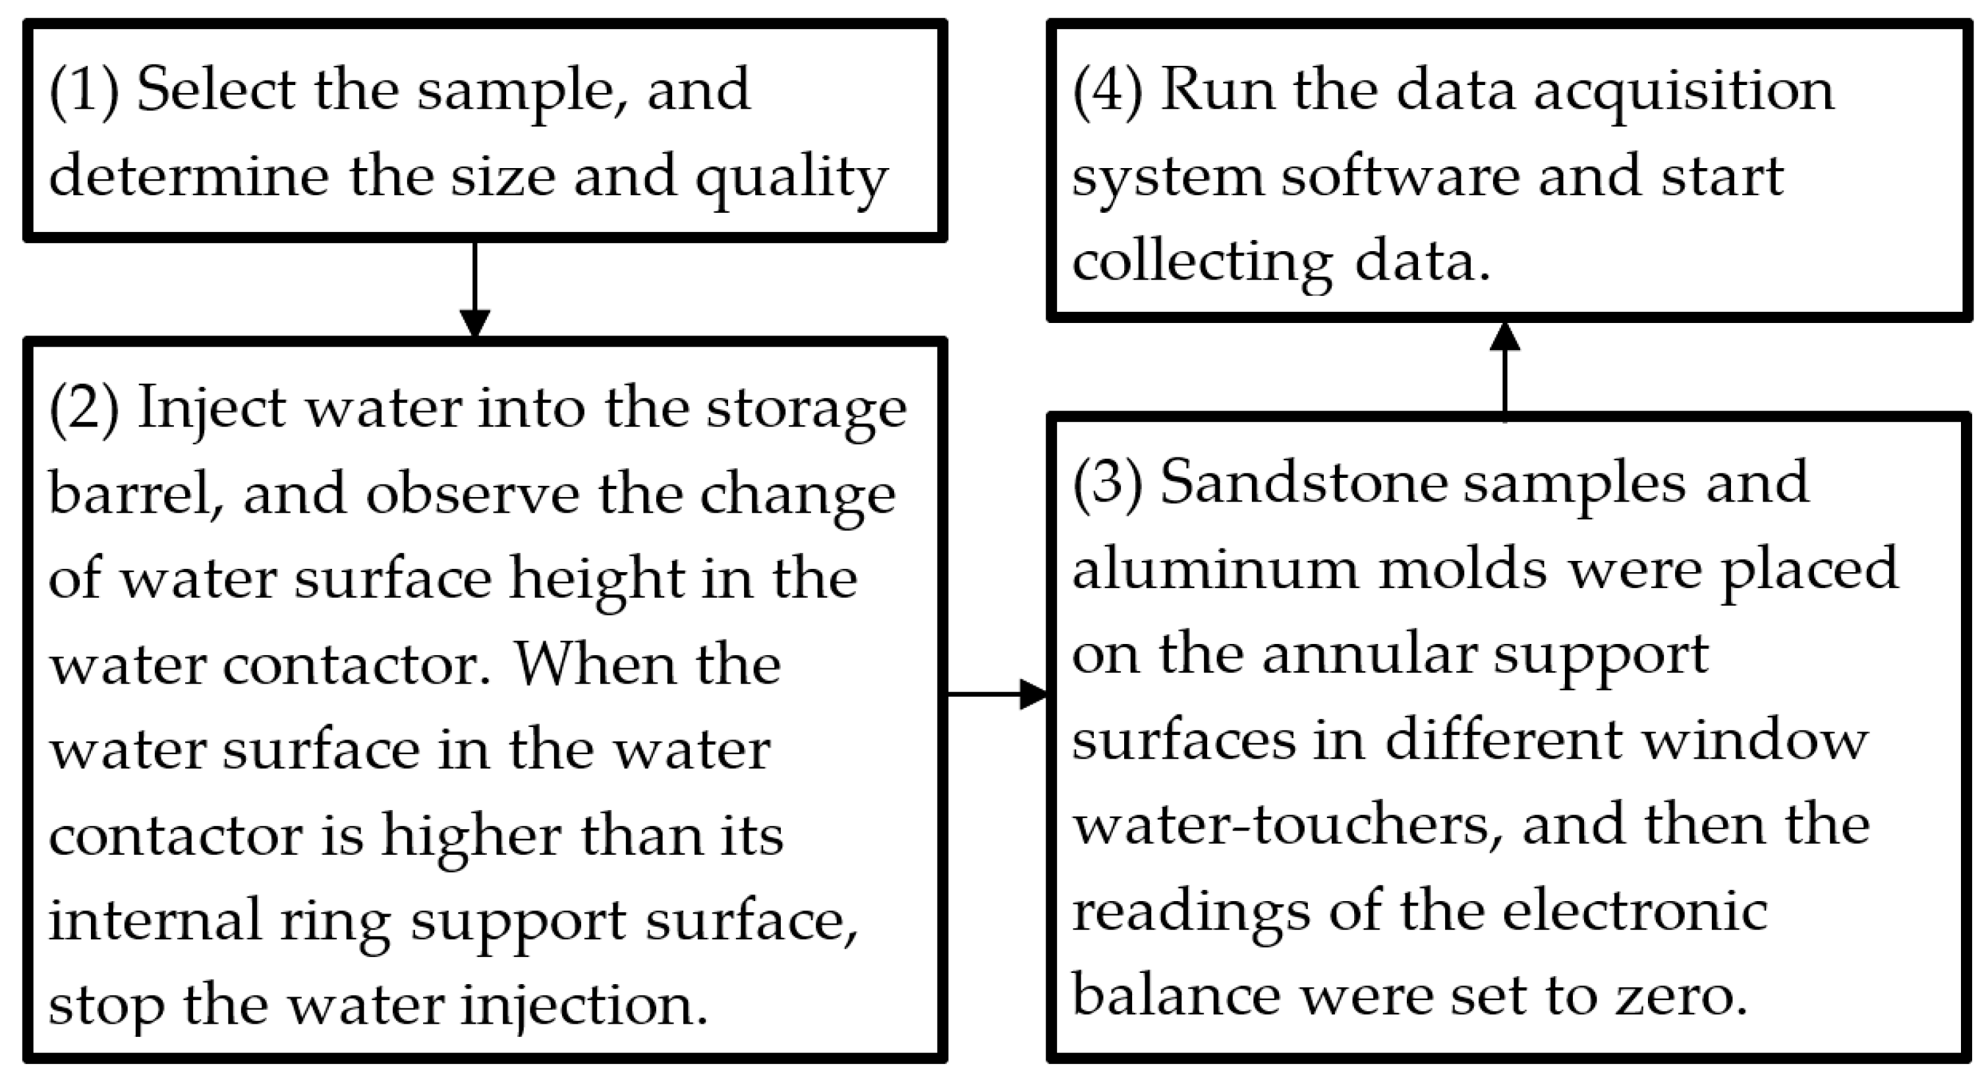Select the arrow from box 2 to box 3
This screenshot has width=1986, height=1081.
coord(996,694)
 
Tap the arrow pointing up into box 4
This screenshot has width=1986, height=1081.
coord(1504,370)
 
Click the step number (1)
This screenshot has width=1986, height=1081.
coord(83,91)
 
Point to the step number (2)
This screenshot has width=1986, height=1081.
coord(83,409)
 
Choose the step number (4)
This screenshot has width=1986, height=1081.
coord(1107,91)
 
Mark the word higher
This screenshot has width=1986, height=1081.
coord(471,836)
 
